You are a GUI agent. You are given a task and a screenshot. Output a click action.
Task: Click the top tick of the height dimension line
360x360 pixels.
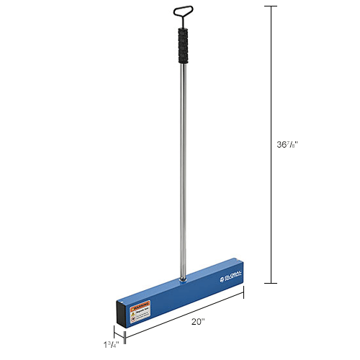[x=271, y=6]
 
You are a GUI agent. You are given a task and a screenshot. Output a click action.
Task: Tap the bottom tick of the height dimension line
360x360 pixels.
[x=271, y=284]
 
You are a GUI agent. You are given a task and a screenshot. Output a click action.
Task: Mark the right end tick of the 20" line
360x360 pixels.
[x=243, y=292]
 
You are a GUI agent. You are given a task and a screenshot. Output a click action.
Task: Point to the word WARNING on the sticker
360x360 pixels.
[x=140, y=306]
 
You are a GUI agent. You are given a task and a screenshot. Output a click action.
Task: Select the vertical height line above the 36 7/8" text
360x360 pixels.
[x=271, y=72]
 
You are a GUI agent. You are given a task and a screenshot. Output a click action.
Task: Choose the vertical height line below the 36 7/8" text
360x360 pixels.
[x=271, y=216]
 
